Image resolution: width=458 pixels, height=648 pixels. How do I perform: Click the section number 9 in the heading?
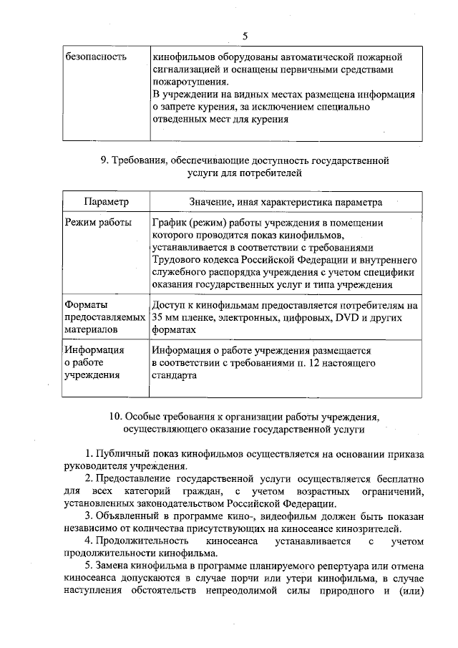(x=104, y=160)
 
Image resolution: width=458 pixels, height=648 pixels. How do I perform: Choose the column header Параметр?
(x=106, y=203)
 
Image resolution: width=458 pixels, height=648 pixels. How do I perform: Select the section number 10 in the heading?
(x=115, y=417)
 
